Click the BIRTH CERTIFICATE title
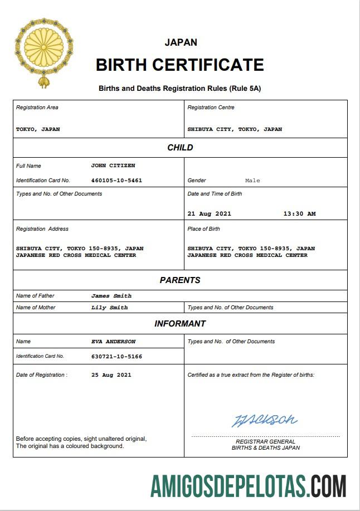(x=179, y=65)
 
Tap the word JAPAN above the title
(x=181, y=42)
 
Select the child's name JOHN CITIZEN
(x=113, y=166)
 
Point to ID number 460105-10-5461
(x=116, y=181)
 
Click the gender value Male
(x=252, y=181)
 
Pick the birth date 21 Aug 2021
(x=209, y=213)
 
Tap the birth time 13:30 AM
(x=299, y=213)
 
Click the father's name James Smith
(x=111, y=296)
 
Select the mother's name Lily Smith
(x=110, y=308)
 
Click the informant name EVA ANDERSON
(x=113, y=342)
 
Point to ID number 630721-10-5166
(x=116, y=356)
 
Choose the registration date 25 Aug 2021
(x=111, y=375)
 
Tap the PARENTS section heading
(x=180, y=280)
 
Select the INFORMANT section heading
(x=180, y=324)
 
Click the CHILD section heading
(x=180, y=148)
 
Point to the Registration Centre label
(x=211, y=108)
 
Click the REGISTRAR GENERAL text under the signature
(x=265, y=441)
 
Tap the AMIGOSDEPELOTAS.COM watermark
(x=249, y=486)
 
